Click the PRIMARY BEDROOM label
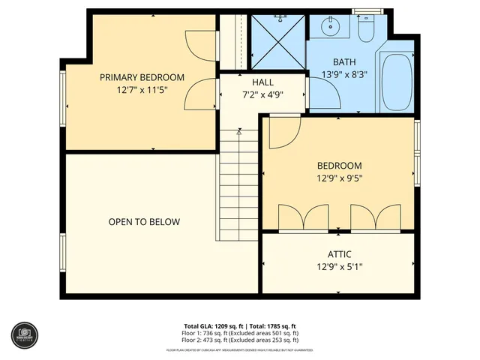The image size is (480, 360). click(x=142, y=77)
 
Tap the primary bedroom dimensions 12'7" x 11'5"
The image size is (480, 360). click(x=142, y=90)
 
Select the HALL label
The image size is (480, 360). click(x=262, y=82)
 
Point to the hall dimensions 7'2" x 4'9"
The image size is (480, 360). click(x=262, y=94)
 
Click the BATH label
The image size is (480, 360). click(x=344, y=62)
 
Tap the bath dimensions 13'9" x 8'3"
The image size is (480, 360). click(x=344, y=74)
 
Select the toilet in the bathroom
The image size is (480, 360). click(x=366, y=29)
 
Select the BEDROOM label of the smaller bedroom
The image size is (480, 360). click(x=339, y=166)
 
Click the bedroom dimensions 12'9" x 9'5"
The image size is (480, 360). click(x=339, y=178)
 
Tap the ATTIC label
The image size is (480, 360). click(x=339, y=254)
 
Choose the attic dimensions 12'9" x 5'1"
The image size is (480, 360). click(x=339, y=267)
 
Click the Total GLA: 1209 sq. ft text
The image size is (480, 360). click(x=213, y=325)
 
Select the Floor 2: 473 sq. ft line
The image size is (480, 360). click(x=239, y=339)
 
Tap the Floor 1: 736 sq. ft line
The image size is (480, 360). click(x=239, y=332)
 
